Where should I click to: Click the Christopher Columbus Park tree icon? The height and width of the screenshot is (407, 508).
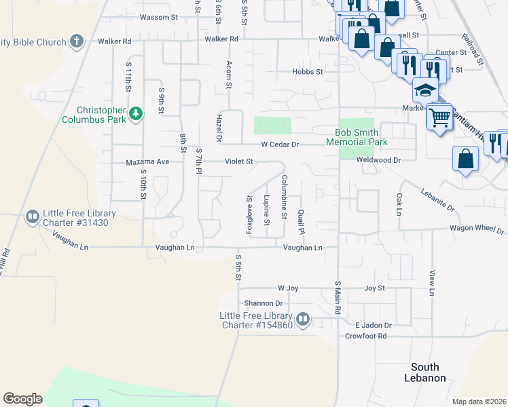tap(136, 113)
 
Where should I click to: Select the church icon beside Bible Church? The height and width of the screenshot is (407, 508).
tap(76, 41)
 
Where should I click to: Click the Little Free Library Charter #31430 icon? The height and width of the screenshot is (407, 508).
tap(32, 217)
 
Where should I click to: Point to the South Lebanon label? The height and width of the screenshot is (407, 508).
tap(425, 372)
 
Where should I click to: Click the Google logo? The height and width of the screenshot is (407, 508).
tap(22, 399)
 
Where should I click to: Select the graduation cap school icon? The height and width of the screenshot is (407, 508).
tap(425, 90)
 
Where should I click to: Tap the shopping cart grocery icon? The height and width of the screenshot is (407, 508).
tap(439, 117)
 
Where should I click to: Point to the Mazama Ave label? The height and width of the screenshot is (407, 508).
tap(147, 162)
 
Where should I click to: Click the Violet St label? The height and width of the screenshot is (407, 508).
tap(239, 162)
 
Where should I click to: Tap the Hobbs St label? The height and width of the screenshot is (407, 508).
tap(306, 71)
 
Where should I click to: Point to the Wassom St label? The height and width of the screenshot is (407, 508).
tap(158, 17)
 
